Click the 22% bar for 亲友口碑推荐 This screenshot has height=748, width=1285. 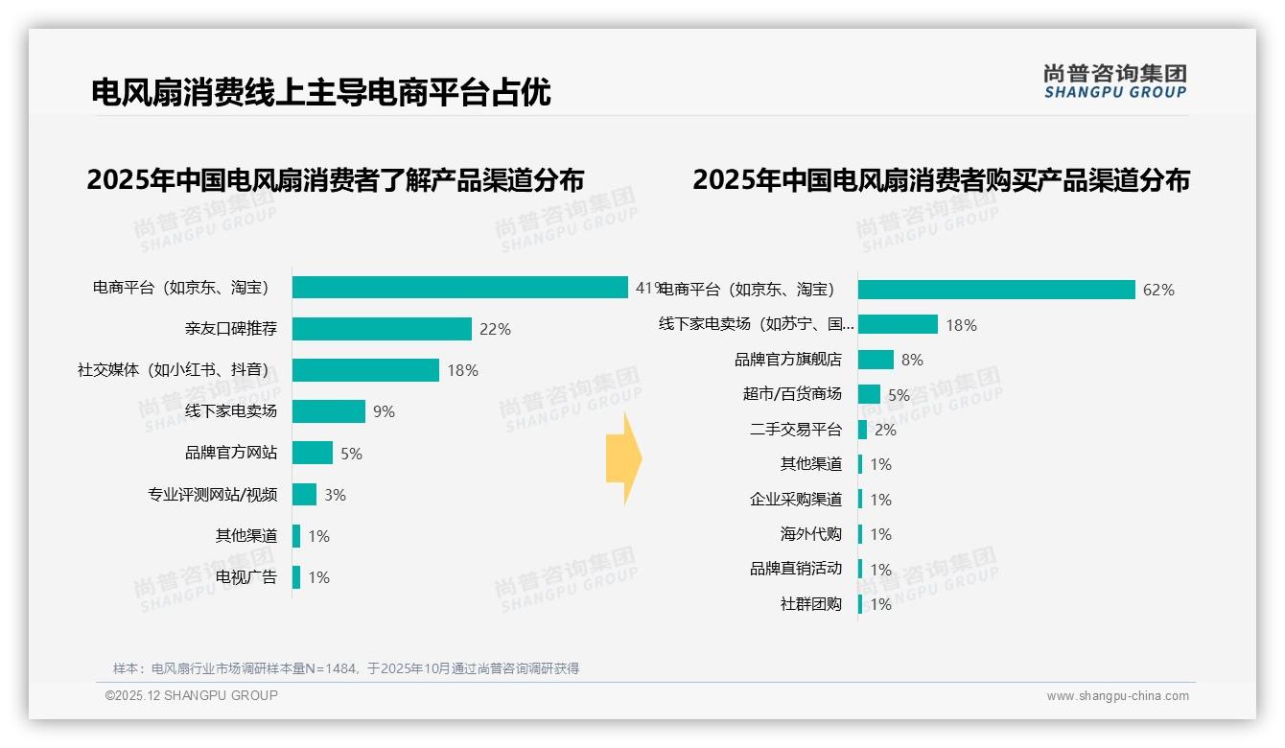tap(382, 329)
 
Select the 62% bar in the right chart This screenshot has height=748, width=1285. tap(996, 290)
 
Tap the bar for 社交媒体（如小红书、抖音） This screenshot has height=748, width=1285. tap(365, 370)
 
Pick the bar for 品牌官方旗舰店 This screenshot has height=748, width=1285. tap(876, 360)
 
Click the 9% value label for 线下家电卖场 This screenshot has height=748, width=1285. tap(384, 412)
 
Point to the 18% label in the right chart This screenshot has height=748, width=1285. tap(961, 325)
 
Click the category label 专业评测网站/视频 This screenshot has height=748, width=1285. tap(212, 495)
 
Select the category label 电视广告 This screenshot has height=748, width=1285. tap(246, 577)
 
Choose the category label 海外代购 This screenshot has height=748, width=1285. tap(811, 534)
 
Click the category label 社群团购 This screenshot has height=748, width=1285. tap(811, 604)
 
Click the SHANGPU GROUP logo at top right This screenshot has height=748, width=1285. tap(1115, 82)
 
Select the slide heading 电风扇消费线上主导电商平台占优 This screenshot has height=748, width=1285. tap(320, 93)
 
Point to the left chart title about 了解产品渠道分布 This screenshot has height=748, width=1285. tap(335, 180)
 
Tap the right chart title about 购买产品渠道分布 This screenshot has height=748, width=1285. tap(941, 180)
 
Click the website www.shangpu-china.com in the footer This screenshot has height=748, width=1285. tap(1117, 696)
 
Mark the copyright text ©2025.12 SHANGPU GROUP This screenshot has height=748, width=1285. tap(192, 695)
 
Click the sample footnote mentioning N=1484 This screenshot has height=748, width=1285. tap(345, 668)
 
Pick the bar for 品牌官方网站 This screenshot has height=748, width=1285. tap(313, 453)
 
